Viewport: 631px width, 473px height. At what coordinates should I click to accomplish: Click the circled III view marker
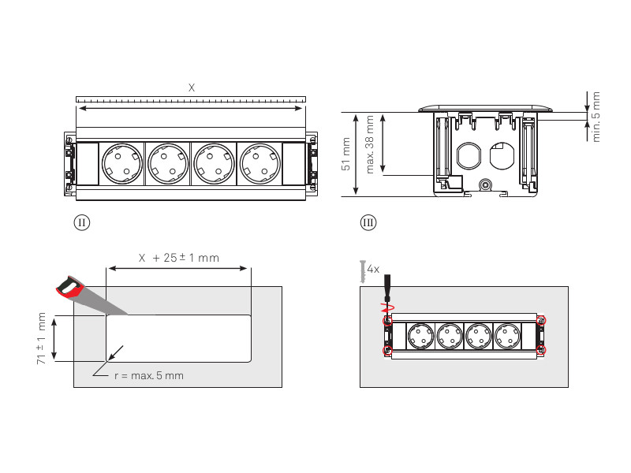point(368,222)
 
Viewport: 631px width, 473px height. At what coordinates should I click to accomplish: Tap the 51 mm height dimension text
point(345,154)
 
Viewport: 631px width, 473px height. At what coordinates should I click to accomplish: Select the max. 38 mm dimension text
point(371,143)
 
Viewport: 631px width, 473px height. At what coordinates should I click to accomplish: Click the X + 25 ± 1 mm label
point(179,258)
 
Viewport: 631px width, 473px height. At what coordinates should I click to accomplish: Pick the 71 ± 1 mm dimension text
point(42,337)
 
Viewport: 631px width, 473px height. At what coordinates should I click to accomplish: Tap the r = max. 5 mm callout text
point(148,375)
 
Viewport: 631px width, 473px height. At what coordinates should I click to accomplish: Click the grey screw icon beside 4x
point(362,271)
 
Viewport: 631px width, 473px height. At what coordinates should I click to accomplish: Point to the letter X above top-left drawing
point(191,88)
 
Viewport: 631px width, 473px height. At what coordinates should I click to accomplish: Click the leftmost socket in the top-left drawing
point(122,164)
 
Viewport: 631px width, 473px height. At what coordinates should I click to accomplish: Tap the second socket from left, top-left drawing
point(167,164)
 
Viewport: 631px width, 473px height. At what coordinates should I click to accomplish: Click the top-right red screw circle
point(541,320)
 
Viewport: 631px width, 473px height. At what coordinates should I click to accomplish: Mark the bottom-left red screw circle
point(387,350)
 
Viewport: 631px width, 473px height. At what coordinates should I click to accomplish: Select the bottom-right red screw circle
point(541,350)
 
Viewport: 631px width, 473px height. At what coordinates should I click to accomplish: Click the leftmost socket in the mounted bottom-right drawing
point(419,336)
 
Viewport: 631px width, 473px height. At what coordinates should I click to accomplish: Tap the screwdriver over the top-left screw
point(386,296)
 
